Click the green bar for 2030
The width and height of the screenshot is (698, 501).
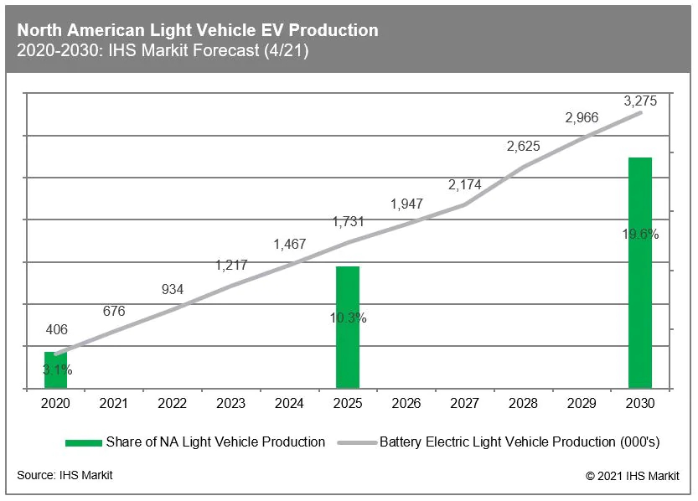[639, 272]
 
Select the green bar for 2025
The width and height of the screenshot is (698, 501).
[348, 327]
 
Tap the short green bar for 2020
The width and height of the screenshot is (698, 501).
[56, 371]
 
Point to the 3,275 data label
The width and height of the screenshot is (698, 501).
[640, 101]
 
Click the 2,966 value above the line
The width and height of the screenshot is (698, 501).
[582, 118]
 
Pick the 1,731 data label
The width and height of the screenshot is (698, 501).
[348, 222]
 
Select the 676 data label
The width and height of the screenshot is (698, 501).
[114, 311]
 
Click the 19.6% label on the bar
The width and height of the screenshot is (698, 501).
[640, 235]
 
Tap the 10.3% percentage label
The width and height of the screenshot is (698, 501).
[348, 318]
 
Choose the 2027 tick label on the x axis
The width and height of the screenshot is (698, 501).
[464, 403]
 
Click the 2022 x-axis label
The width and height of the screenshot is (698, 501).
[172, 403]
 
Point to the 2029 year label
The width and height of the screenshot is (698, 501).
[582, 403]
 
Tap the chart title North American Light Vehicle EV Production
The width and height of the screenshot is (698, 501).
[198, 30]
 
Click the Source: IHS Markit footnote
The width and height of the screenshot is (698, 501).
[65, 475]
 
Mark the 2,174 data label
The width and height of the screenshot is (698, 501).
[464, 184]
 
